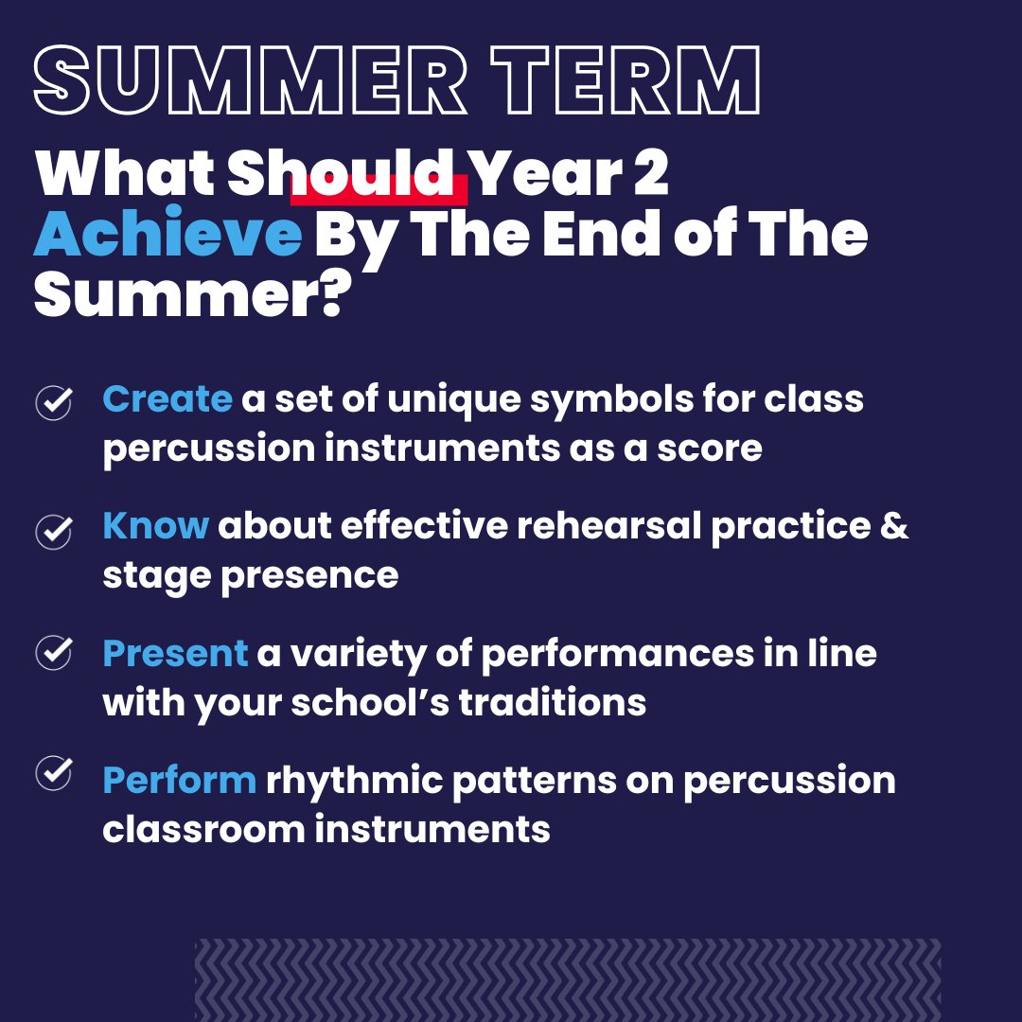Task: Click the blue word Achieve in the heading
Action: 167,236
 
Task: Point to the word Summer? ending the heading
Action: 188,296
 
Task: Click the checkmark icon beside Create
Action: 54,401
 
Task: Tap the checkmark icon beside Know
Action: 54,530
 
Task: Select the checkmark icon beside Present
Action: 54,652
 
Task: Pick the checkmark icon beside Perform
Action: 54,773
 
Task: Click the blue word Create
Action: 167,399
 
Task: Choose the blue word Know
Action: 155,526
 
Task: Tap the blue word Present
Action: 175,654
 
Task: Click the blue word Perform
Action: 179,781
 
